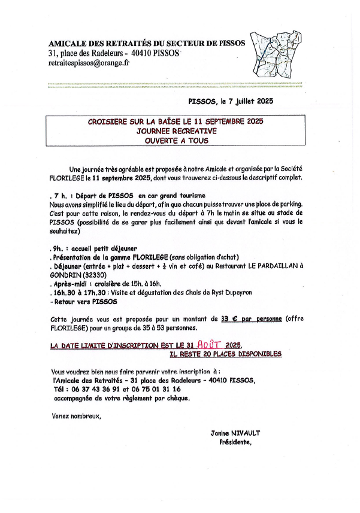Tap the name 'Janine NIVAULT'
coord(235,432)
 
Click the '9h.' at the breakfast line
coord(57,248)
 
